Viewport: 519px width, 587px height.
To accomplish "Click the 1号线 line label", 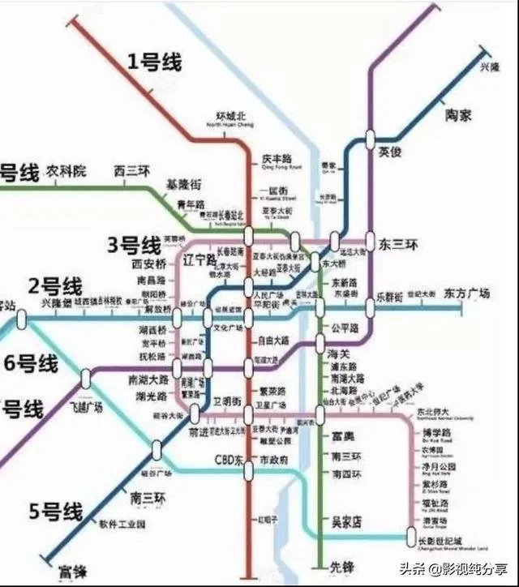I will point(154,62).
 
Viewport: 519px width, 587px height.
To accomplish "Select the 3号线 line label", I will point(135,245).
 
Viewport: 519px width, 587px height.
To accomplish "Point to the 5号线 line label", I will point(56,512).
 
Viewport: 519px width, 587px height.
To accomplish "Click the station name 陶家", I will point(458,115).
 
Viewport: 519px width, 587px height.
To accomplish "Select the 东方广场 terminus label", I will point(467,294).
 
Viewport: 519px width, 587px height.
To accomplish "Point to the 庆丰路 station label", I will point(277,159).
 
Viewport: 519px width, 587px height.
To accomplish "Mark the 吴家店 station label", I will point(341,521).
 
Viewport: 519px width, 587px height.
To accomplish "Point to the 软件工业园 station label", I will point(122,524).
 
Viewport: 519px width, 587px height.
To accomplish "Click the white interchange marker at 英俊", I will point(371,139).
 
